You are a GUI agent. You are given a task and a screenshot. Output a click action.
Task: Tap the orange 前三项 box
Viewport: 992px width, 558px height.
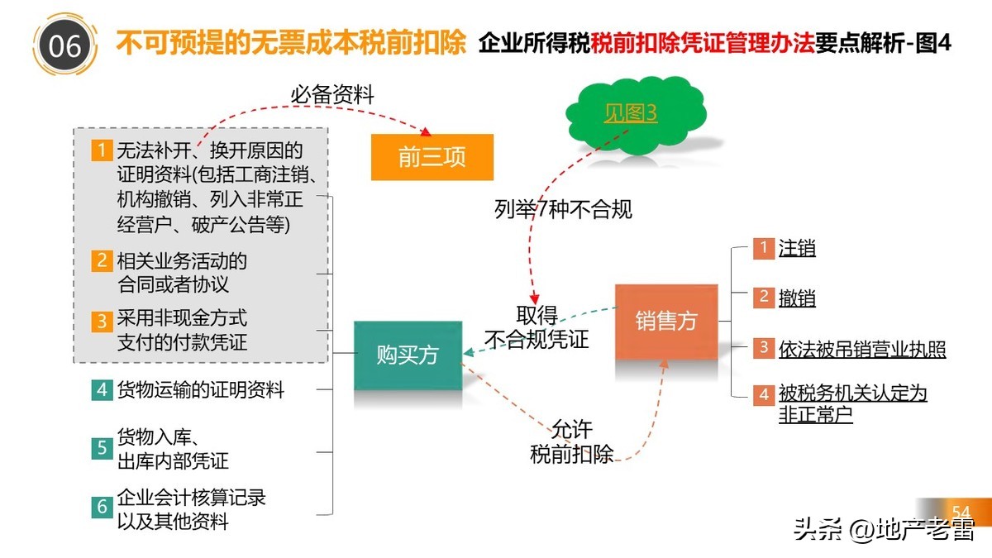tap(432, 157)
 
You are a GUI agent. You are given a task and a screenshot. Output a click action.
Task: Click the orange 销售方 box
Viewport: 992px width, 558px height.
tap(666, 322)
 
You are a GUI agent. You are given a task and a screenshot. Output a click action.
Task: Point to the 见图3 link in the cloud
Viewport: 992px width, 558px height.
tap(630, 113)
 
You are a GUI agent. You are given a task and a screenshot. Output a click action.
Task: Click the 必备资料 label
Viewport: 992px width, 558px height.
tap(332, 95)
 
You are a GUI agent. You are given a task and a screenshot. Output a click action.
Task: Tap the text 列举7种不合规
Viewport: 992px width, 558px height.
tap(564, 209)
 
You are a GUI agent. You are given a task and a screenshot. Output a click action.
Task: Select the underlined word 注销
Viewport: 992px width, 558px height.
tap(797, 248)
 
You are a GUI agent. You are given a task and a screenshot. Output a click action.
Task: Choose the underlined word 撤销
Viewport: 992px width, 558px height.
tap(797, 298)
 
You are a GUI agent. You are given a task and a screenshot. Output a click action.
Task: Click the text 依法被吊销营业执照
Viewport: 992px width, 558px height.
tap(862, 349)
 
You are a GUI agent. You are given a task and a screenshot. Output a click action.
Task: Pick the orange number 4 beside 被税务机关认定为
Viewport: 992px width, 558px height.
tap(763, 395)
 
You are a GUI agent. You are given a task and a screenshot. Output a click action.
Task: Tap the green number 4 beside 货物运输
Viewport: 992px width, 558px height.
tap(102, 389)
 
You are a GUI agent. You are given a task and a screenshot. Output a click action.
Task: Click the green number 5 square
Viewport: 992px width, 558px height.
tap(102, 448)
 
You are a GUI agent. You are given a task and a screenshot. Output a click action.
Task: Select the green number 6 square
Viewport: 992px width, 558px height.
tap(102, 507)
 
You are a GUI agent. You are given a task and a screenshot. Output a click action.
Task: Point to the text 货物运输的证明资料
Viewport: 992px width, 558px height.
tap(201, 389)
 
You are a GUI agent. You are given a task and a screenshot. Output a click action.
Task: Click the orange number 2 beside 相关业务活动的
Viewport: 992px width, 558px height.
tap(102, 261)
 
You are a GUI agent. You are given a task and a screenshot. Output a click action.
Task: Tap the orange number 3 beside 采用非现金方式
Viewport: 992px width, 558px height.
tap(102, 320)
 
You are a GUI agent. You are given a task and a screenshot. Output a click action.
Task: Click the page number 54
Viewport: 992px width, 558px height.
tap(961, 511)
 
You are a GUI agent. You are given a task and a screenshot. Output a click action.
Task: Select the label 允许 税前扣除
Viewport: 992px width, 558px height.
tap(572, 442)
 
